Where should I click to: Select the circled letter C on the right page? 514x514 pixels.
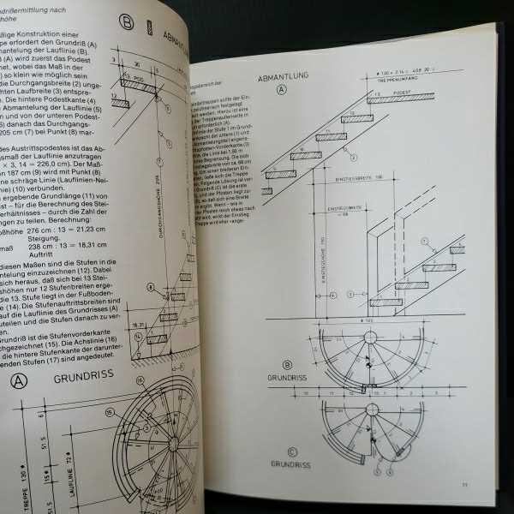click(293, 451)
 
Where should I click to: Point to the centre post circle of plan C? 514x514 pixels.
click(370, 409)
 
